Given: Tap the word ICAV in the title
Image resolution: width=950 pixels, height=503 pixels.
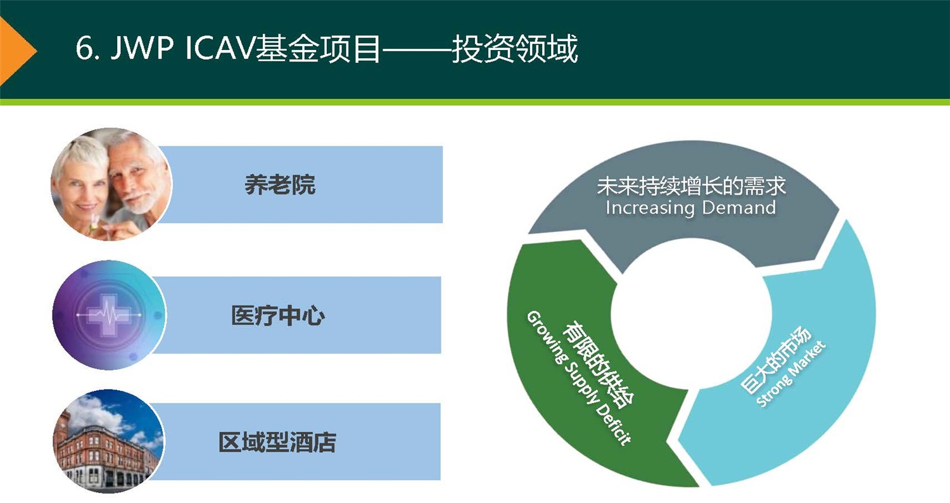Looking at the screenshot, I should click(x=220, y=49).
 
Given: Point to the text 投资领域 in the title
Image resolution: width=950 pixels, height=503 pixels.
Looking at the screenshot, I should click(x=514, y=49).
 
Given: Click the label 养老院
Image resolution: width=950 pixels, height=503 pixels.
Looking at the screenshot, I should click(x=279, y=185).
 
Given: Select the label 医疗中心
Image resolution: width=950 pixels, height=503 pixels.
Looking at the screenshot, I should click(x=278, y=315).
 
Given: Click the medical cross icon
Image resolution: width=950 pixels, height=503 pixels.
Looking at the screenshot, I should click(x=108, y=315).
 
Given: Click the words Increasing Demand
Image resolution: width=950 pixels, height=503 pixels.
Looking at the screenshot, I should click(x=690, y=208).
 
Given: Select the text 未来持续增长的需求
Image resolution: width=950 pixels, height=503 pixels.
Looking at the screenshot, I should click(x=691, y=186).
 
